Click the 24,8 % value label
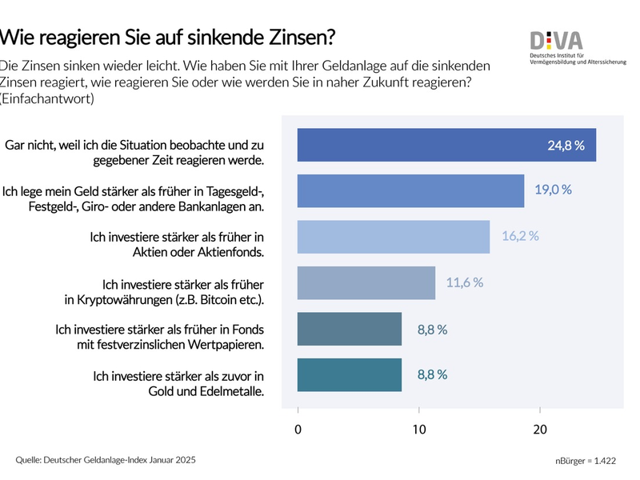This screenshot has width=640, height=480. (x=566, y=146)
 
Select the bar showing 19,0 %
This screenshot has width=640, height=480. (x=410, y=190)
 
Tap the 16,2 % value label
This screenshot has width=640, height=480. (x=520, y=236)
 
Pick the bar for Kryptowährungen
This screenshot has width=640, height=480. (x=366, y=282)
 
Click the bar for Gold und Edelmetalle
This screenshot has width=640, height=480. (x=350, y=374)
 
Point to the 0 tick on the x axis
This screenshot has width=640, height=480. (x=298, y=430)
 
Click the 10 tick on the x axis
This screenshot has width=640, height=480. (x=419, y=430)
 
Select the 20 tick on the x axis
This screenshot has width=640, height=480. (x=540, y=430)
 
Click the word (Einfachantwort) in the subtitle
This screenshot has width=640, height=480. (x=48, y=99)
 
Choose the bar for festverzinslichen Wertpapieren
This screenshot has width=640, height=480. (x=350, y=329)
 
